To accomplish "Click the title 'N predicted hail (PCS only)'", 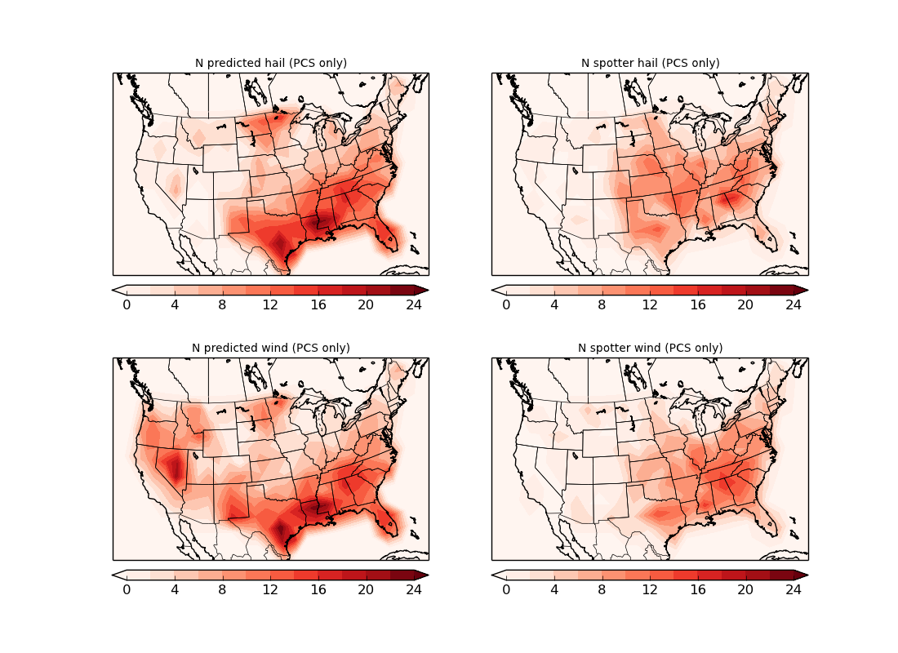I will pyautogui.click(x=270, y=63).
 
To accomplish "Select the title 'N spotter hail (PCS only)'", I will pyautogui.click(x=650, y=63).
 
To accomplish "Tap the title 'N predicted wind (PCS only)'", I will pyautogui.click(x=270, y=348).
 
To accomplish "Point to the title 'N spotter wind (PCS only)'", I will pyautogui.click(x=650, y=348).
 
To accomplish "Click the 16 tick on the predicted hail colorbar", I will pyautogui.click(x=318, y=304).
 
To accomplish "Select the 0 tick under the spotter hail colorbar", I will pyautogui.click(x=506, y=304).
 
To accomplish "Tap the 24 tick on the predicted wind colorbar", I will pyautogui.click(x=414, y=589).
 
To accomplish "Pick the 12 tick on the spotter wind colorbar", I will pyautogui.click(x=650, y=589).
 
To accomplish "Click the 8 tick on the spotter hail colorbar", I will pyautogui.click(x=602, y=304).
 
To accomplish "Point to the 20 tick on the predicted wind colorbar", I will pyautogui.click(x=366, y=589).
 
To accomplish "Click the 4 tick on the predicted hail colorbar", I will pyautogui.click(x=175, y=304).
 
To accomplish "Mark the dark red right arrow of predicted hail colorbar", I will pyautogui.click(x=421, y=290).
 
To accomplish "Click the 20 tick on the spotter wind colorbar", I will pyautogui.click(x=745, y=589).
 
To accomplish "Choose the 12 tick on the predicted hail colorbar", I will pyautogui.click(x=270, y=304).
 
